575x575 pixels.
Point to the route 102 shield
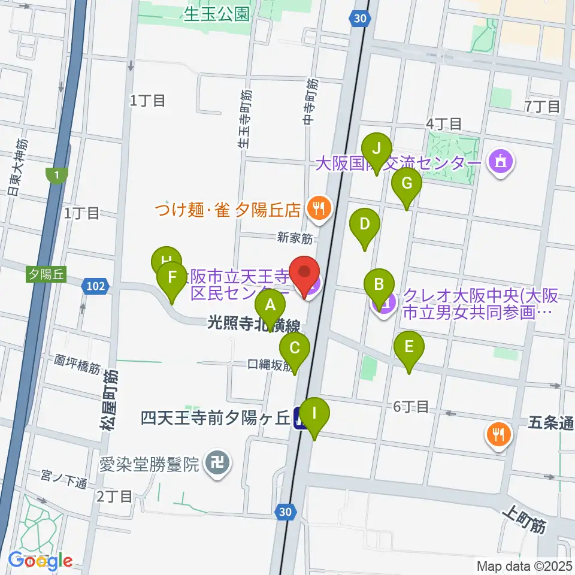click(x=96, y=287)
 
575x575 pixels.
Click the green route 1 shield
click(x=55, y=175)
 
